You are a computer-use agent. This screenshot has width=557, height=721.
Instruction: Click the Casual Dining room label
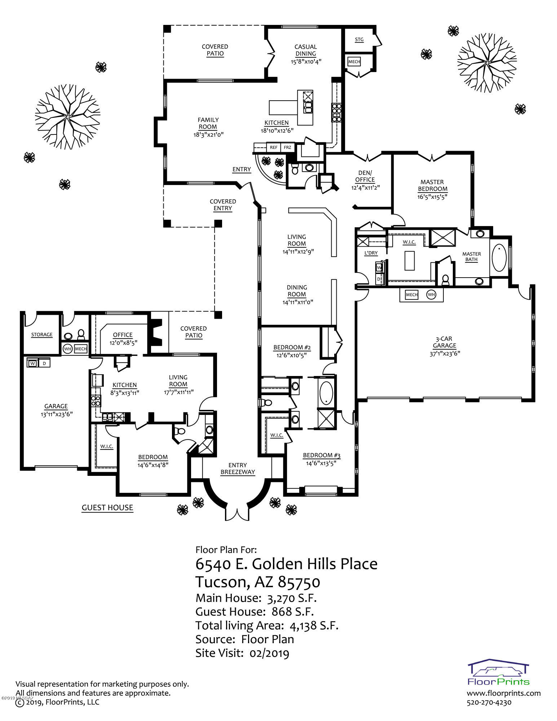coord(306,50)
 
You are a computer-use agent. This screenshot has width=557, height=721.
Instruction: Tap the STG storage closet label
coord(359,40)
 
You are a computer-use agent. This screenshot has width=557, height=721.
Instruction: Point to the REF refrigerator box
coord(274,147)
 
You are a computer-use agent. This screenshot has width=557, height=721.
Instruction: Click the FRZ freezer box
coord(287,147)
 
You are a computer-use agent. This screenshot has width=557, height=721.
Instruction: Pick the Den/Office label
coord(365,176)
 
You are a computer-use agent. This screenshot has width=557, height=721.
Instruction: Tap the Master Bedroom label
coord(432,186)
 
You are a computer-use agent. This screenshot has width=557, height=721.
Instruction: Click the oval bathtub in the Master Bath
coord(499,257)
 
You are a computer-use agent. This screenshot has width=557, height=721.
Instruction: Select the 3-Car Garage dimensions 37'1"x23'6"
coord(445,353)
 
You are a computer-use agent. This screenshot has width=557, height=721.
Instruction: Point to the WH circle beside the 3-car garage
coord(431,295)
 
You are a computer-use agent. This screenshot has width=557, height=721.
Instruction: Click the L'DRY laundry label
coord(371,253)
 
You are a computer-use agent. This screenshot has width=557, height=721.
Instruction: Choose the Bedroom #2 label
coord(292,348)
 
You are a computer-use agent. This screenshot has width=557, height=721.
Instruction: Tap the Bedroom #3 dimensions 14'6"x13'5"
coord(322,463)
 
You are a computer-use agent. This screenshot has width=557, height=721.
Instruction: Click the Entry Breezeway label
coord(238,469)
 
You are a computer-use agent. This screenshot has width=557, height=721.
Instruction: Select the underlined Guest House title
coord(107,508)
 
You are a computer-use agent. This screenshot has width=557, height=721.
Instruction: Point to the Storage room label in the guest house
coord(42,335)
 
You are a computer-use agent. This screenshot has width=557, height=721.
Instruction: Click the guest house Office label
coord(123,335)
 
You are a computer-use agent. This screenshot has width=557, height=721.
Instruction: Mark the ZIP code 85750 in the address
coord(299,582)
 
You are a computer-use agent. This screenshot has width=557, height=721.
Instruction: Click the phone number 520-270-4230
coord(489,702)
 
